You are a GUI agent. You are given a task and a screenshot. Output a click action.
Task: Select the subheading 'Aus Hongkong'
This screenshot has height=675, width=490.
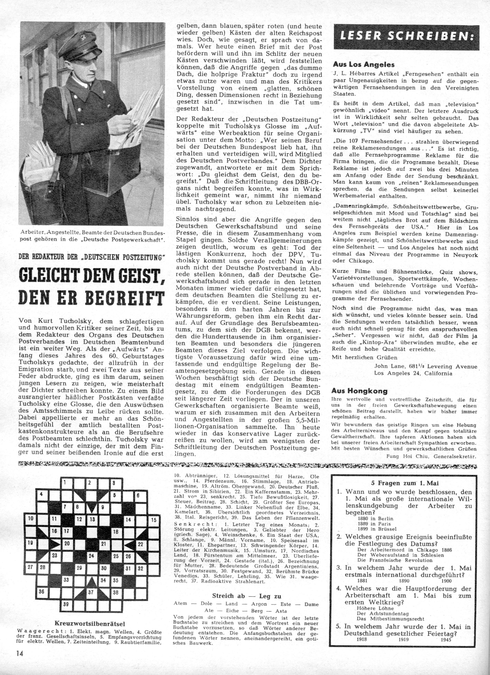click(x=359, y=391)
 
